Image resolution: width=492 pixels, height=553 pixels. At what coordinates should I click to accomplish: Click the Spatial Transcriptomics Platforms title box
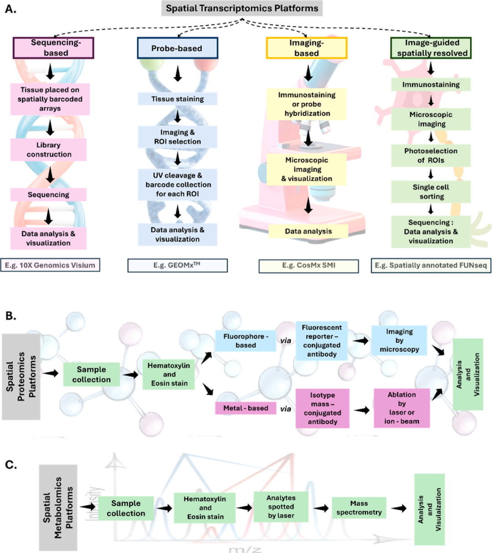click(242, 9)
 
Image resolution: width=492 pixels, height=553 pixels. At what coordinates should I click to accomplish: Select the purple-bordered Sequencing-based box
click(53, 48)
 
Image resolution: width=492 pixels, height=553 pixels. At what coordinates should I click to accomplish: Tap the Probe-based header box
click(178, 48)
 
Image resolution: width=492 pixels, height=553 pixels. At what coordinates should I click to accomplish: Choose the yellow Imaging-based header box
click(307, 48)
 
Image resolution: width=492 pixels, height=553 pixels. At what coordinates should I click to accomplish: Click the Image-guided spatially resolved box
click(431, 48)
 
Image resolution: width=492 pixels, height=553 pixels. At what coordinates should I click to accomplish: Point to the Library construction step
click(49, 149)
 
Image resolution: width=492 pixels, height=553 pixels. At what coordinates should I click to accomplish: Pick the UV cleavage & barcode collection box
click(178, 184)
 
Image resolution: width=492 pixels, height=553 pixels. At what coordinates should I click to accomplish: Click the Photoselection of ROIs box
click(431, 156)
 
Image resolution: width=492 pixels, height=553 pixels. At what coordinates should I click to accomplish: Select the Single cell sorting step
click(431, 192)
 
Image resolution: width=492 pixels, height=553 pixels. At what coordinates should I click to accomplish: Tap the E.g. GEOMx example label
click(178, 266)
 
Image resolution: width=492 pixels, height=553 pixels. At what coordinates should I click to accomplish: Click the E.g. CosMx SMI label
click(309, 266)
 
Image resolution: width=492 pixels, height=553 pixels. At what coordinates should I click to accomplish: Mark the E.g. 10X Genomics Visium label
click(50, 265)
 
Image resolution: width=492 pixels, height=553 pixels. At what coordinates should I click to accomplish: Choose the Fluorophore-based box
click(246, 341)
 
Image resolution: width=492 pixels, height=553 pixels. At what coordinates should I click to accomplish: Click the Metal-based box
click(246, 408)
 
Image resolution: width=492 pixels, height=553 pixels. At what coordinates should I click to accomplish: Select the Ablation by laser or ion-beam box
click(402, 408)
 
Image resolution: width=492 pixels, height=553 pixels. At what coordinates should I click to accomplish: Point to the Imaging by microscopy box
click(399, 340)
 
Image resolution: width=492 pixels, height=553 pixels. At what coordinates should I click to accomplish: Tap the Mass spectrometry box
click(359, 508)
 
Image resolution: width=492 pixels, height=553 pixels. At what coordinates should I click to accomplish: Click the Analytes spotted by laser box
click(281, 507)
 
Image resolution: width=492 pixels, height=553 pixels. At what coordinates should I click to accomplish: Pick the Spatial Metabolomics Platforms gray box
click(58, 508)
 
